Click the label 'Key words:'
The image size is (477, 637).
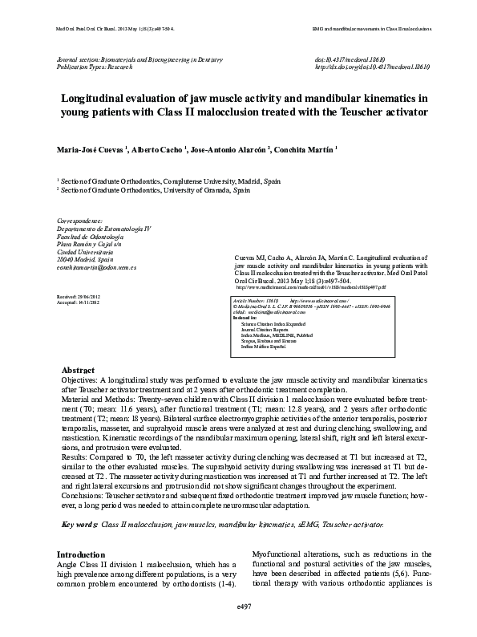(x=79, y=524)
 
